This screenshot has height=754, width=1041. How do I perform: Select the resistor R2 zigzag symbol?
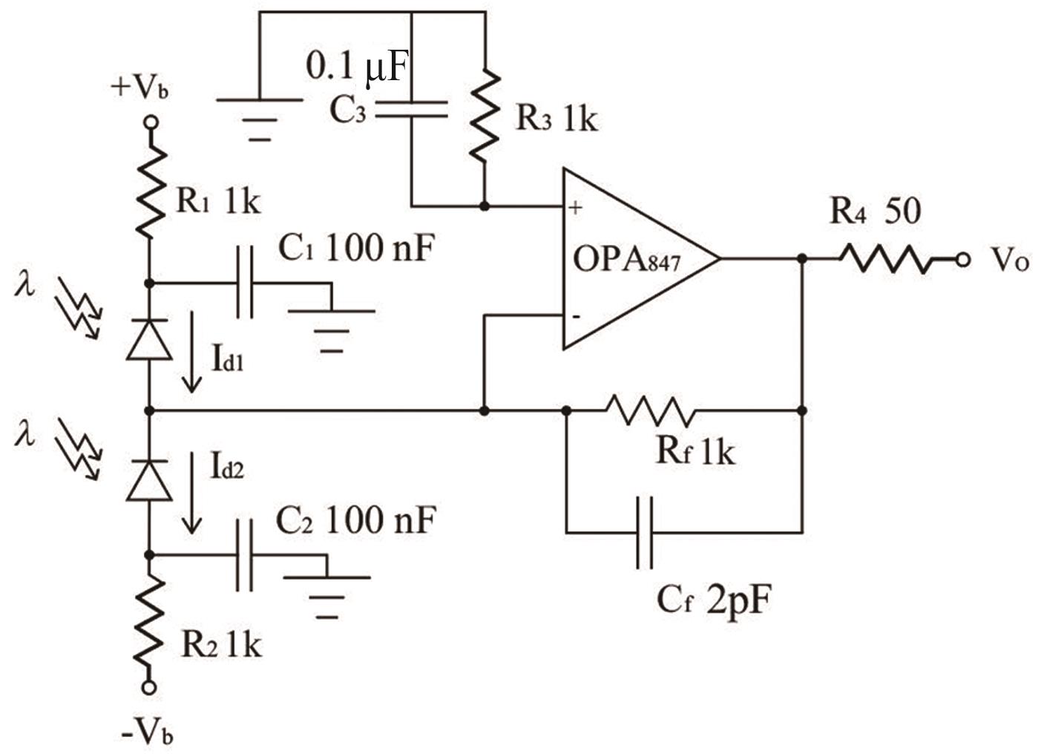coord(150,622)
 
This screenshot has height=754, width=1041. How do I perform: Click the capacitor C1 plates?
coord(244,283)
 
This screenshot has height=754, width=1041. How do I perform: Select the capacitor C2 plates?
coord(244,554)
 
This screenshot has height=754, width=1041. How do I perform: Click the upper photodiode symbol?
coord(150,339)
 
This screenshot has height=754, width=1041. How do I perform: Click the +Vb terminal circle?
coord(150,121)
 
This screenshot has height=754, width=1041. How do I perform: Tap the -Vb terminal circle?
coord(150,687)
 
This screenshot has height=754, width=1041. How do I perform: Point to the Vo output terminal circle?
coord(963,259)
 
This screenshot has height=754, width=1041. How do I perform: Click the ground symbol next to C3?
coord(259,119)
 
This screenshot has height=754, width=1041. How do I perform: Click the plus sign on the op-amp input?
coord(576,207)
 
